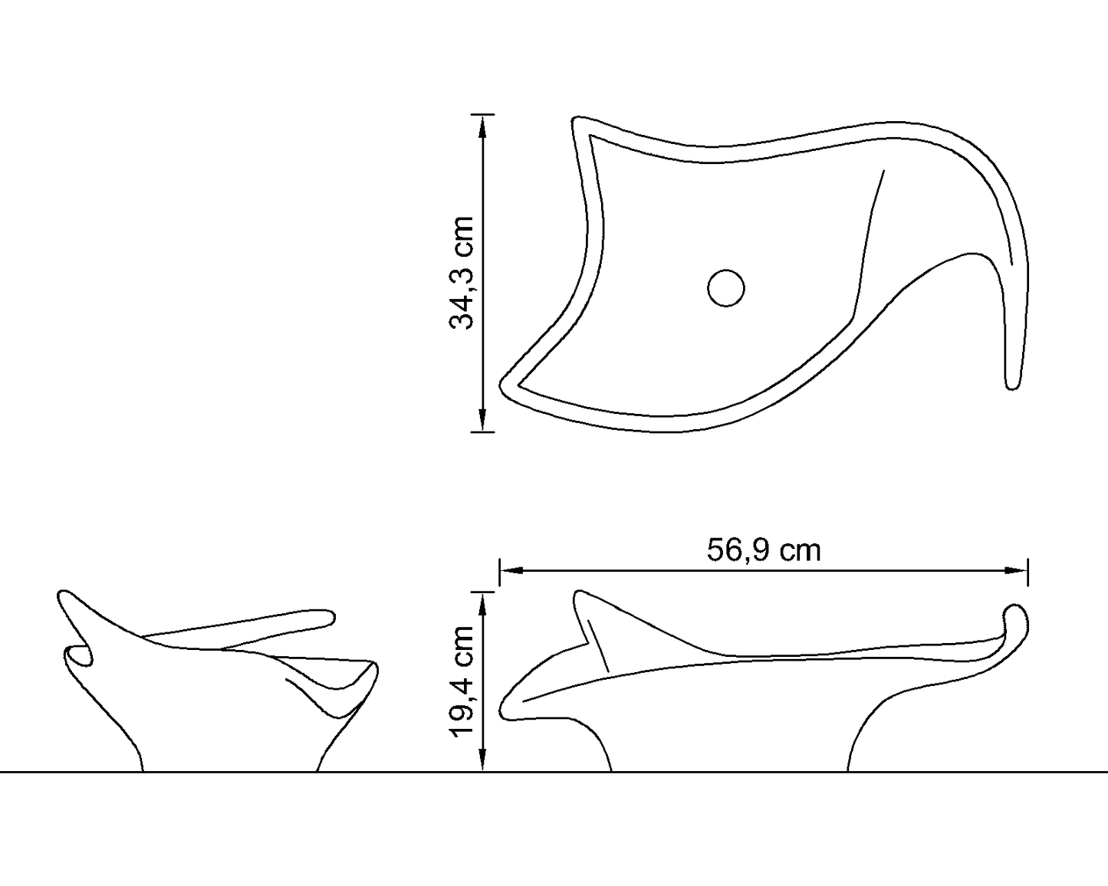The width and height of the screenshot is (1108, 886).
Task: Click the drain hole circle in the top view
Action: [x=726, y=288]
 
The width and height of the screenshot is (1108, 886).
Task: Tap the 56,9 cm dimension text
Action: [x=764, y=550]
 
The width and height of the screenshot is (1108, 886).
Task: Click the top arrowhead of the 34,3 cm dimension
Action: [x=482, y=126]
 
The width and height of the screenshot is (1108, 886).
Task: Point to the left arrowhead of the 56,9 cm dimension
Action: [x=511, y=570]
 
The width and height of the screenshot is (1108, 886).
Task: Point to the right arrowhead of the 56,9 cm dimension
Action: [x=1016, y=570]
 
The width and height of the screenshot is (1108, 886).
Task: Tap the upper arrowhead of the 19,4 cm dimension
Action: [x=482, y=603]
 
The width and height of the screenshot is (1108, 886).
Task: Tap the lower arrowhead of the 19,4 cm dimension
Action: [x=482, y=760]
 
